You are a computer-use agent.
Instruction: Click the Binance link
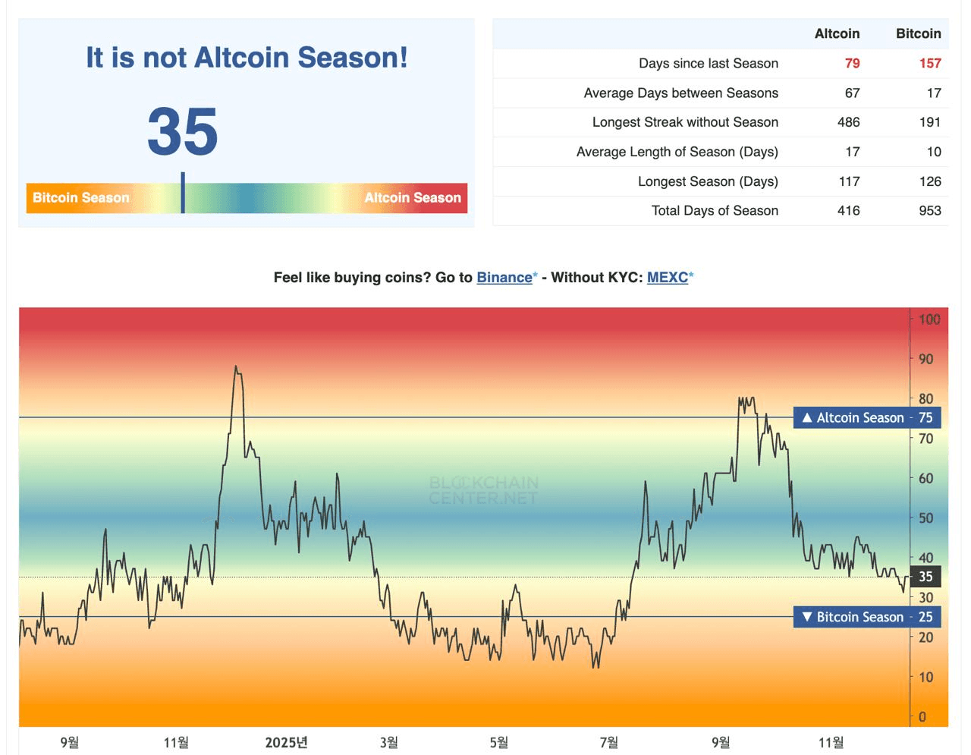tap(504, 278)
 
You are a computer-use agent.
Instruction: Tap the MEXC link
tap(668, 278)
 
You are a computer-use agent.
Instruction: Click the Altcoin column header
tap(837, 33)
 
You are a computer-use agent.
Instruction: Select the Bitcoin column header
tap(918, 33)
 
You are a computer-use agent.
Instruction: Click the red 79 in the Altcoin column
tap(852, 64)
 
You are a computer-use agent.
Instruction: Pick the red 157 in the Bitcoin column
tap(929, 64)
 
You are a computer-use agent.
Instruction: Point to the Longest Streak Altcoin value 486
tap(848, 122)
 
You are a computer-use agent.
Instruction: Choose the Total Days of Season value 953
tap(929, 211)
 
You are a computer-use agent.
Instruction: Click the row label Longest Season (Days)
tap(708, 181)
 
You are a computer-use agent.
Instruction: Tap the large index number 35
tap(183, 131)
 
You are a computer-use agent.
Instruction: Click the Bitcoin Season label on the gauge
tap(81, 198)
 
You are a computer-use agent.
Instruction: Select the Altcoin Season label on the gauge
tap(413, 198)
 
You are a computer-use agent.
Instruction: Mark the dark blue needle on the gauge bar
tap(183, 193)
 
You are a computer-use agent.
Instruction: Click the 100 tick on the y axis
tap(929, 319)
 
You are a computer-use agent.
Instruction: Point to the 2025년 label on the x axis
tap(286, 742)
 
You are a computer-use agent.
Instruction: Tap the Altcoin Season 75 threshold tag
tap(866, 418)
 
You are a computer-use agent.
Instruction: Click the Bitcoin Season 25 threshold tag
tap(866, 617)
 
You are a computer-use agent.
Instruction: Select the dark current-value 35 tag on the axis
tap(925, 577)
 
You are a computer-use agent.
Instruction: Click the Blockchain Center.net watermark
tap(483, 490)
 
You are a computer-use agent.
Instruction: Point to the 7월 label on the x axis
tap(608, 742)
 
